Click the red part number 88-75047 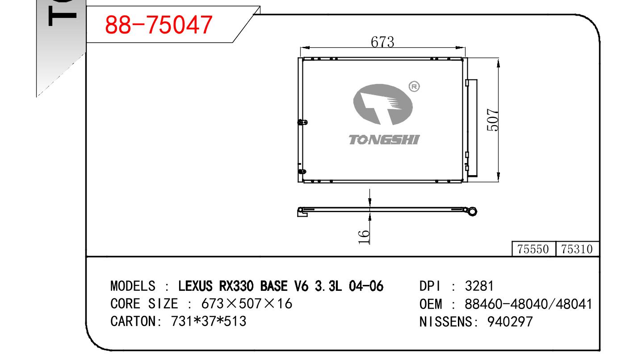(x=159, y=25)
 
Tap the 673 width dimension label (x=382, y=42)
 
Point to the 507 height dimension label (x=492, y=120)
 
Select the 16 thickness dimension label (x=364, y=237)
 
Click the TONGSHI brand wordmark (x=384, y=140)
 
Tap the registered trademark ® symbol (x=414, y=87)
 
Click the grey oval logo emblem (x=383, y=105)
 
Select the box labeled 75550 (x=533, y=249)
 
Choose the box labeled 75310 (x=577, y=249)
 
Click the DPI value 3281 (x=479, y=286)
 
